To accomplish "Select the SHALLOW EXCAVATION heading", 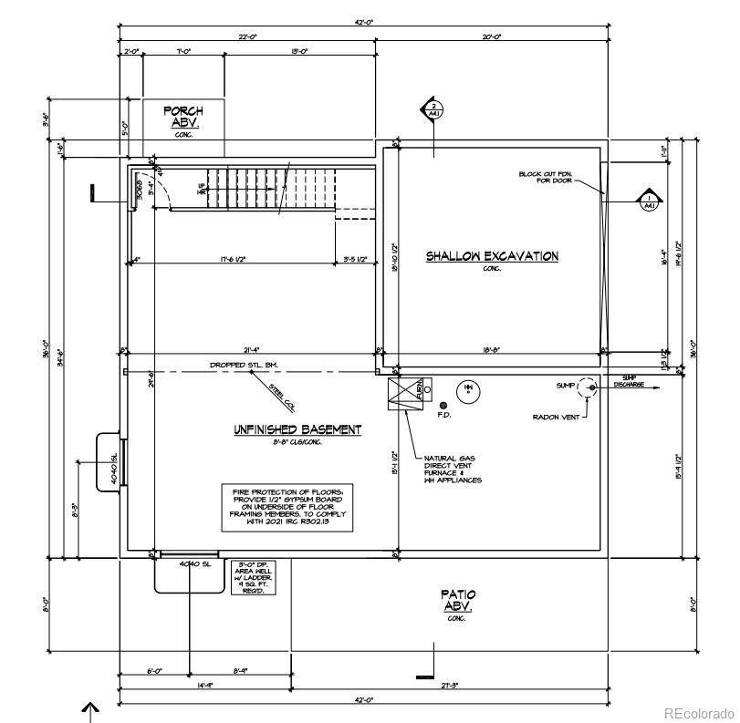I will pyautogui.click(x=492, y=256).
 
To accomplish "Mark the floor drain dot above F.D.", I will pyautogui.click(x=443, y=405).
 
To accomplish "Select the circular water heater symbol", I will pyautogui.click(x=468, y=389).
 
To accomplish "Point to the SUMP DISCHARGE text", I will pyautogui.click(x=629, y=381).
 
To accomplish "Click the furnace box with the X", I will pyautogui.click(x=404, y=394).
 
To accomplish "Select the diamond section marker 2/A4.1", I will pyautogui.click(x=433, y=110).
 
